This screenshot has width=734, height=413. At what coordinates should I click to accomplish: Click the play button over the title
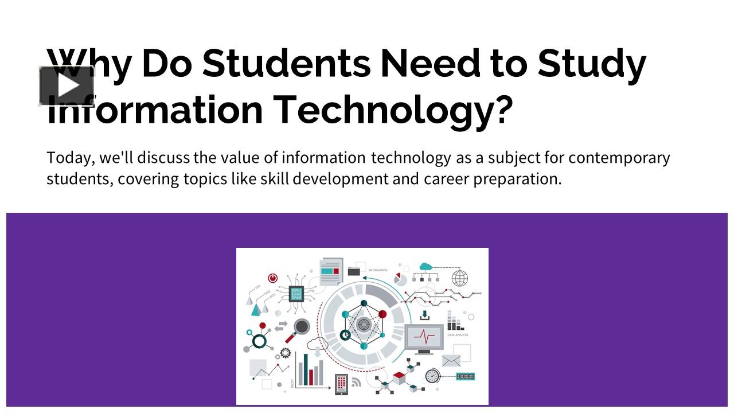(x=67, y=86)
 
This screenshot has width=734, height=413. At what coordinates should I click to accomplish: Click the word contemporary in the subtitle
(x=619, y=158)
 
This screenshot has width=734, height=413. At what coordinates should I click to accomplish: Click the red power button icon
(x=272, y=278)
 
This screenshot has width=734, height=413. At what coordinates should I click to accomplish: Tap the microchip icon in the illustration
(x=296, y=295)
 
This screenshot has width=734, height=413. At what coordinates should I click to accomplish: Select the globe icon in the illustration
(x=460, y=279)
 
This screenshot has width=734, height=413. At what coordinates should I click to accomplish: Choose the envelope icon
(x=451, y=361)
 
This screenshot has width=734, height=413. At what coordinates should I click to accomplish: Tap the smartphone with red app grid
(x=341, y=383)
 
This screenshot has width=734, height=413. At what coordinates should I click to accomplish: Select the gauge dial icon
(x=432, y=376)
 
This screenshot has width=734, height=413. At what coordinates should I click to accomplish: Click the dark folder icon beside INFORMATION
(x=354, y=270)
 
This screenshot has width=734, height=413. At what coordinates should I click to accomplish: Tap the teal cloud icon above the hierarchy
(x=425, y=267)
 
